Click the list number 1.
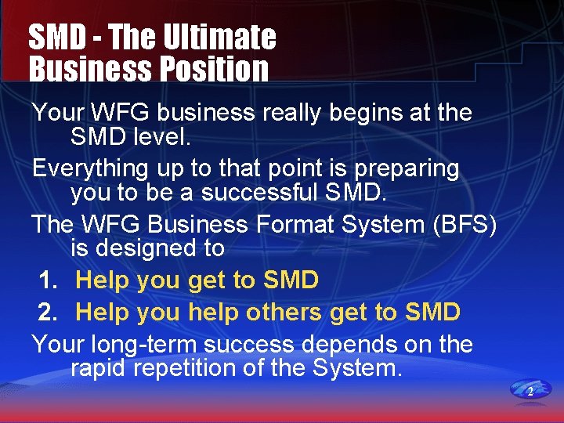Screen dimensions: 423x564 (49, 280)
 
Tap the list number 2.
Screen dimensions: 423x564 (49, 312)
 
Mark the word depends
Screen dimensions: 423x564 (365, 345)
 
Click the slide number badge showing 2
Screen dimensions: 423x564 (530, 390)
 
